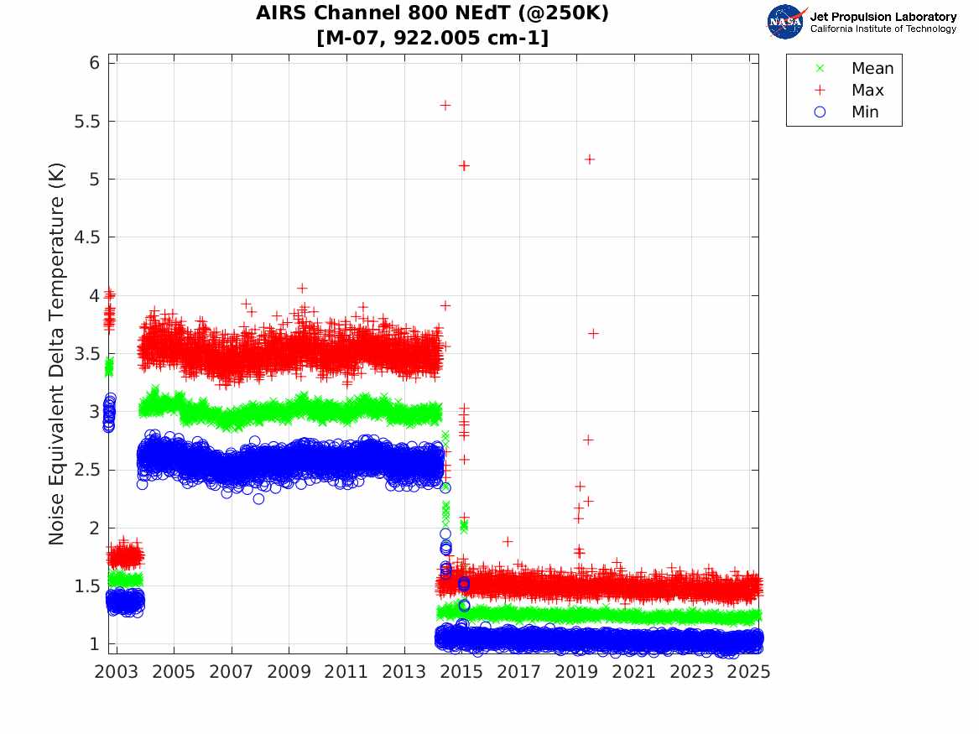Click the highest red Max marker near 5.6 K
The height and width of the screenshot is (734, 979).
pyautogui.click(x=445, y=105)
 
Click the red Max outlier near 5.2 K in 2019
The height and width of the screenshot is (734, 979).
pyautogui.click(x=589, y=159)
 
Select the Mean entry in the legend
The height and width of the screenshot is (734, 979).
pyautogui.click(x=872, y=69)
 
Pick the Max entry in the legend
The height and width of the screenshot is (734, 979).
pyautogui.click(x=867, y=91)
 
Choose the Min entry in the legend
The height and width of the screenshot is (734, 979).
pyautogui.click(x=865, y=112)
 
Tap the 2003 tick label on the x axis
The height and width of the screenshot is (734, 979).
pyautogui.click(x=117, y=672)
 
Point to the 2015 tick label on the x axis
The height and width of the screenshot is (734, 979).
pyautogui.click(x=461, y=672)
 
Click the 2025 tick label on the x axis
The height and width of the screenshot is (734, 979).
pyautogui.click(x=748, y=672)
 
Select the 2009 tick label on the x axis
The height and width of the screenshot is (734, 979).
pyautogui.click(x=289, y=672)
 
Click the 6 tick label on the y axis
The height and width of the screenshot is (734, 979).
pyautogui.click(x=93, y=63)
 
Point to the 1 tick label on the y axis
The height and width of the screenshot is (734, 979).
pyautogui.click(x=93, y=643)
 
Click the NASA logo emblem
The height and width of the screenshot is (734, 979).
pyautogui.click(x=786, y=22)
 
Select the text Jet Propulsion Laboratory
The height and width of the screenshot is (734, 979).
pyautogui.click(x=883, y=17)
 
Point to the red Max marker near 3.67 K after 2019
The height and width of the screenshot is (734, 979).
pyautogui.click(x=593, y=333)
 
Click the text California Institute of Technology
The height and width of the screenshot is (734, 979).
pyautogui.click(x=883, y=29)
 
